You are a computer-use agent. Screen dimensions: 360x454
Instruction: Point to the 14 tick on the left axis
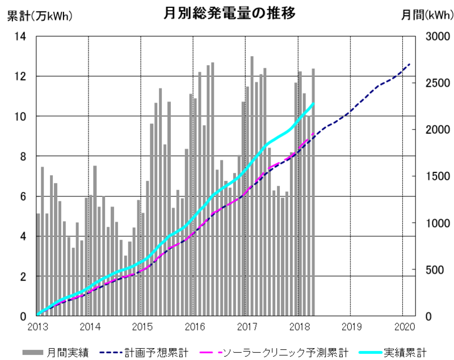coord(20,36)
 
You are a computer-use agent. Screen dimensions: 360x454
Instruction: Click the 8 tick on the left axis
coord(23,156)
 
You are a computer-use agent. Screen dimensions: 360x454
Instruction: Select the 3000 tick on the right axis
coord(435,36)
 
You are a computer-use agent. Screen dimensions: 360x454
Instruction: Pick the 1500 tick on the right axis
coord(435,176)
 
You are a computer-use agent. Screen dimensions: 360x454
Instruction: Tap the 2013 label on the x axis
coord(37,327)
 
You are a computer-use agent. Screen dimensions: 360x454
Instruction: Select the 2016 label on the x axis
coord(195,327)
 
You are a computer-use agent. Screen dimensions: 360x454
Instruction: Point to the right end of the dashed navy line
coord(410,63)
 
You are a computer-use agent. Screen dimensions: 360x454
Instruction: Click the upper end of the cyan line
coord(313,103)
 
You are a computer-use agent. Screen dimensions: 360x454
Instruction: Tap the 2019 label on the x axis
coord(352,327)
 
